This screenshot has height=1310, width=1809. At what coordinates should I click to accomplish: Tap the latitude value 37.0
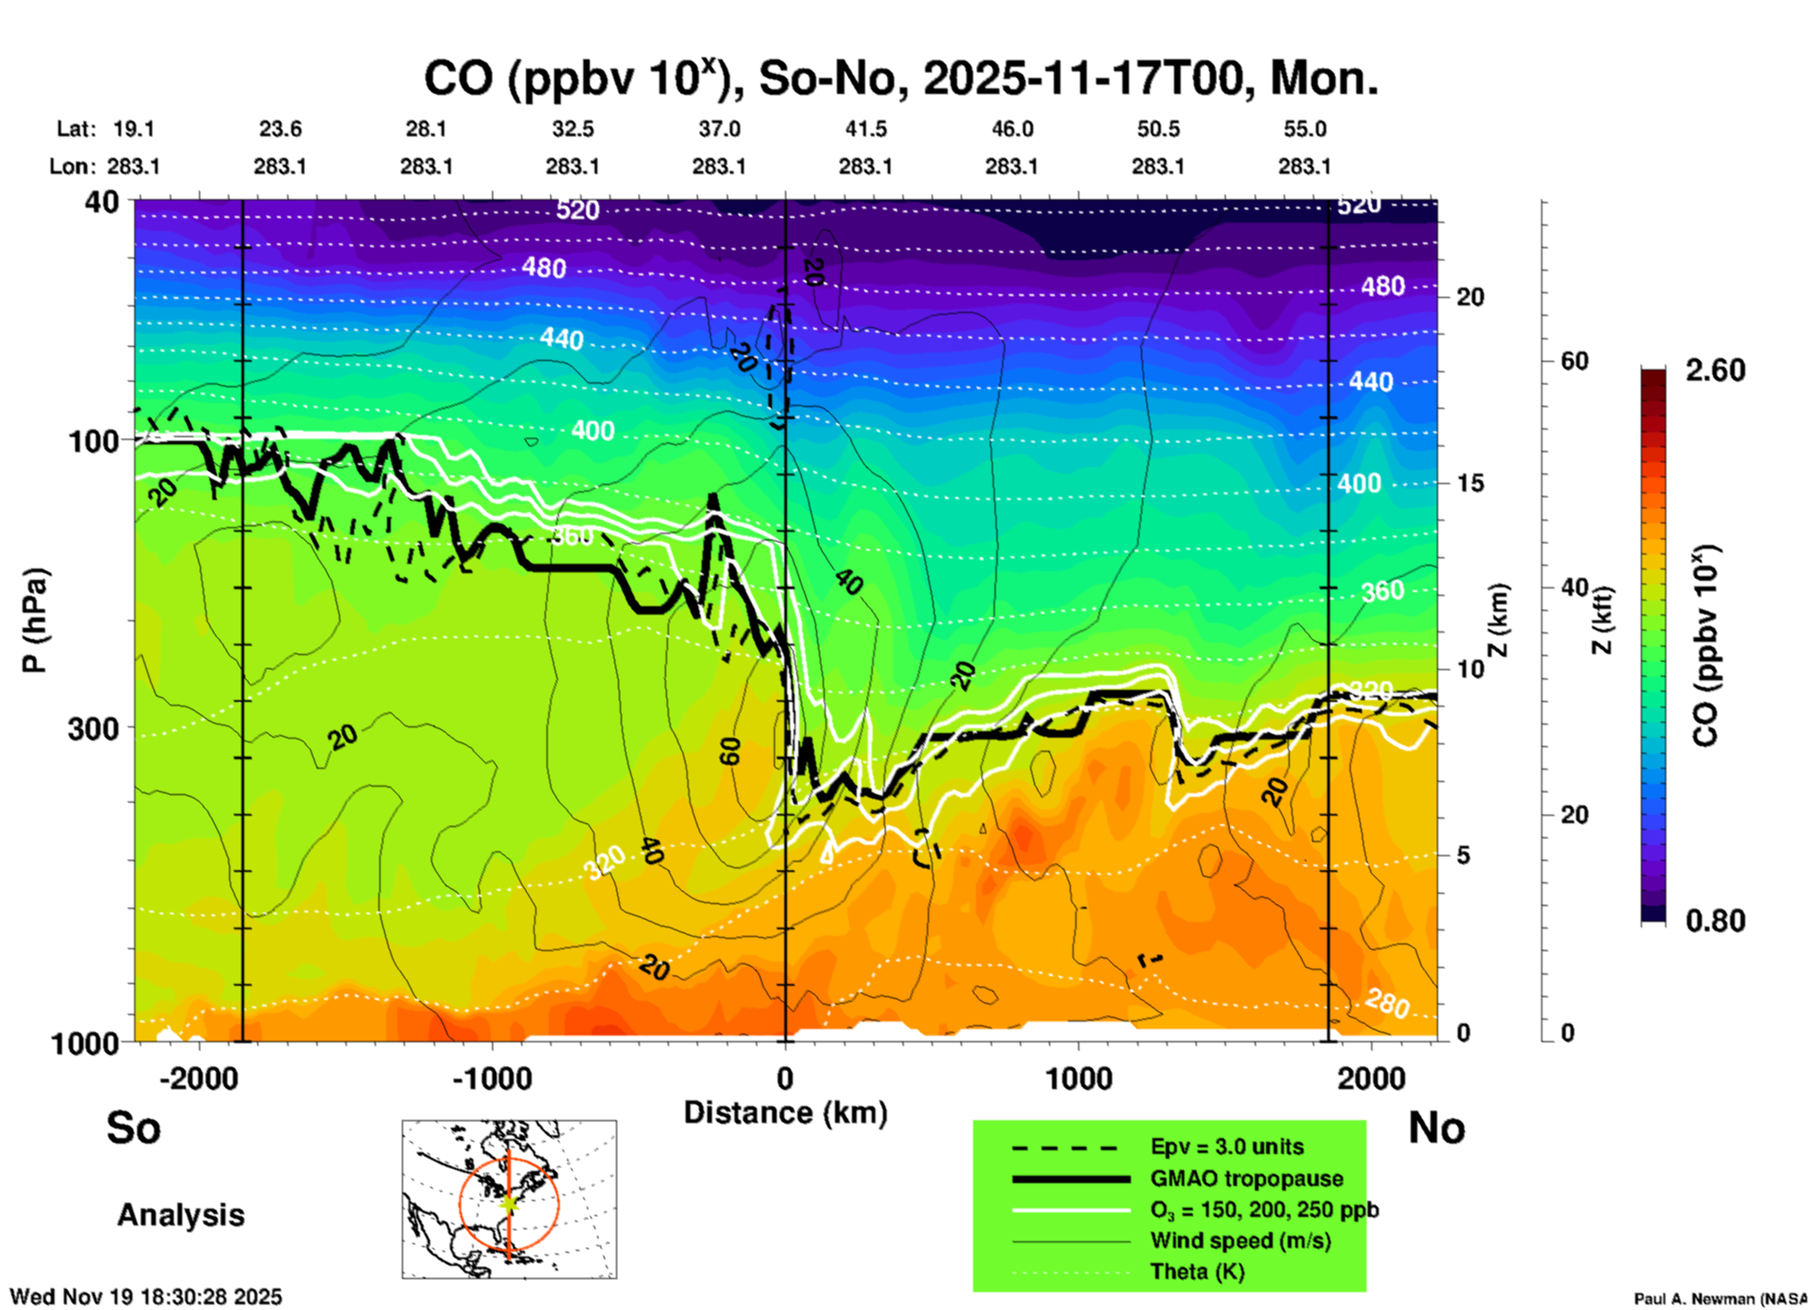point(719,129)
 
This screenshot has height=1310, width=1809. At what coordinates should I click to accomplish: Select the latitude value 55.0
point(1305,129)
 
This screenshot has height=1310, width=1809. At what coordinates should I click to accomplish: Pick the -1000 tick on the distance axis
point(491,1079)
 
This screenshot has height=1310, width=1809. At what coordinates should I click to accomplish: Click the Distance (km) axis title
point(785,1113)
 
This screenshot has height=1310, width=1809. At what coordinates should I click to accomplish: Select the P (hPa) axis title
point(35,620)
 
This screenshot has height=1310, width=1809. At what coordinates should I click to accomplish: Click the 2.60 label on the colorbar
point(1715,370)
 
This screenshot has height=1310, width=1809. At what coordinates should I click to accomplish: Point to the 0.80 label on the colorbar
point(1715,921)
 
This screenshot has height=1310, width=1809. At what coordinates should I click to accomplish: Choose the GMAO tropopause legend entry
point(1246,1178)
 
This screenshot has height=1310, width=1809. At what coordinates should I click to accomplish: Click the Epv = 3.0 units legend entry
point(1227,1146)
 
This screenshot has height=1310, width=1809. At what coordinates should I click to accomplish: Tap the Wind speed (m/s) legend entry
point(1240,1240)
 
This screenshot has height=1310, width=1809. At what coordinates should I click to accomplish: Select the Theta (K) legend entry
point(1197,1271)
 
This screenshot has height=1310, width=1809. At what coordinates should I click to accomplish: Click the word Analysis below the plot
point(180,1215)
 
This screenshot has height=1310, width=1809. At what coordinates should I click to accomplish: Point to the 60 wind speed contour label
point(730,751)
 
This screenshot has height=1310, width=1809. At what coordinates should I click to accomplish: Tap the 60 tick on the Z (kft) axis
point(1574,361)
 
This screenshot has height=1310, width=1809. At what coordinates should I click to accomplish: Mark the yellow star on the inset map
point(509,1203)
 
